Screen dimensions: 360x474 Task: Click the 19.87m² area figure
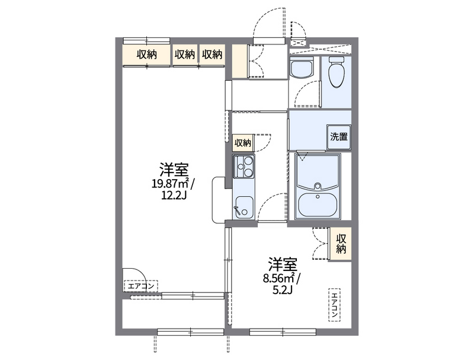tap(170, 183)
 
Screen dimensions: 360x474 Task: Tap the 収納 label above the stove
tap(242, 142)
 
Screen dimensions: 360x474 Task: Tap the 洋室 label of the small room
tap(282, 263)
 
